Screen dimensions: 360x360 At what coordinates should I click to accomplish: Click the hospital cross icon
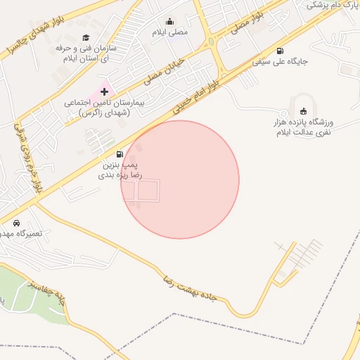click(x=105, y=91)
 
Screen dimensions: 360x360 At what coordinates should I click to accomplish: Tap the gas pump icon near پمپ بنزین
click(x=120, y=154)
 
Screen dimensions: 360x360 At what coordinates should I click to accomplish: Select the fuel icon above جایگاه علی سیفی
click(x=281, y=51)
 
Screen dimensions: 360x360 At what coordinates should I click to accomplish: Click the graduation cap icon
click(x=86, y=38)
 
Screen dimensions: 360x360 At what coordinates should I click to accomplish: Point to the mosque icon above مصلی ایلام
click(x=169, y=21)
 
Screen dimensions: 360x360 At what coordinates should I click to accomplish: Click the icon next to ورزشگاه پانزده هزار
click(x=303, y=110)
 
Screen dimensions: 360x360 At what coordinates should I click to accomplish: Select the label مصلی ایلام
click(x=170, y=32)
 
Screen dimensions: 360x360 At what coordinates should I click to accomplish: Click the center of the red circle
click(x=180, y=179)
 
